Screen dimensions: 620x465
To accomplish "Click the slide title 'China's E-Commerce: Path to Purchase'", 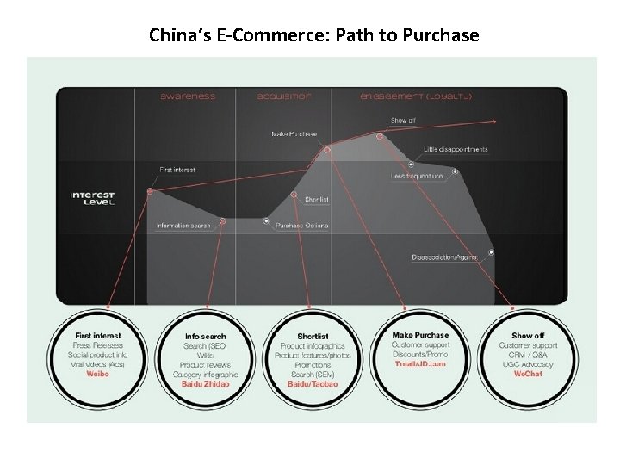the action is click(x=313, y=35).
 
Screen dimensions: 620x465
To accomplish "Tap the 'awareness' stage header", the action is click(x=188, y=96).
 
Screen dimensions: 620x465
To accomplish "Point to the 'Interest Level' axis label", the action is click(x=92, y=198).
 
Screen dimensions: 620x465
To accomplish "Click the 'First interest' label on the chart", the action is click(x=177, y=170).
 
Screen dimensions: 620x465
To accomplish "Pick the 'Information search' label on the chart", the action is click(x=183, y=226).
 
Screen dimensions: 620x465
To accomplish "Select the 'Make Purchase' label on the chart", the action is click(x=294, y=133).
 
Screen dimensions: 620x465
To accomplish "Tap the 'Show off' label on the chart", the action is click(x=403, y=121).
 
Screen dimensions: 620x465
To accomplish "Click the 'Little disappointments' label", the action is click(x=456, y=149).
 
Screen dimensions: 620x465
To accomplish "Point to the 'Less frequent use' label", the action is click(x=417, y=177).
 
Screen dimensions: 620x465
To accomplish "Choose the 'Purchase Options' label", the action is click(x=301, y=226).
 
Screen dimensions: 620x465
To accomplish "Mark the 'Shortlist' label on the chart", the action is click(x=316, y=200).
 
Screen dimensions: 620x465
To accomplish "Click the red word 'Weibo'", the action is click(x=98, y=374).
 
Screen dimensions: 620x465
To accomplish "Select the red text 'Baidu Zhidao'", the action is click(x=205, y=384).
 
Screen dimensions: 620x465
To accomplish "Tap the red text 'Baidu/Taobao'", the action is click(x=313, y=384).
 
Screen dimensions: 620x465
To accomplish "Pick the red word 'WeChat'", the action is click(x=528, y=374).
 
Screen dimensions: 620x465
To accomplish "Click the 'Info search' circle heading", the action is click(x=205, y=336).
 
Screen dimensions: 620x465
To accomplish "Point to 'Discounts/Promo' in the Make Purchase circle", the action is click(x=420, y=354).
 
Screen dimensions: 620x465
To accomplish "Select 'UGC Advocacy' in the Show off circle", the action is click(x=528, y=364).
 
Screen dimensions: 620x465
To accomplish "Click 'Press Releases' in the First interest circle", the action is click(x=98, y=344).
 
